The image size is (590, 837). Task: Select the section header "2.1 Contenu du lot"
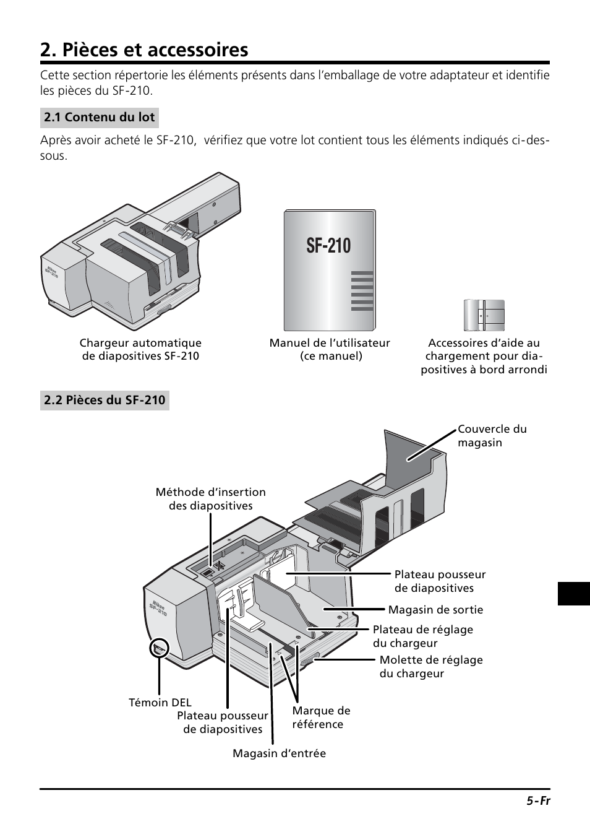99,118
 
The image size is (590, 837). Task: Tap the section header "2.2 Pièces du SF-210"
105,401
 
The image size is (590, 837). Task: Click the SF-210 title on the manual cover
328,246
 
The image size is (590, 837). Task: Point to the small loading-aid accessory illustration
484,315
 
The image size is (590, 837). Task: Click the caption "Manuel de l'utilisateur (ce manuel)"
330,349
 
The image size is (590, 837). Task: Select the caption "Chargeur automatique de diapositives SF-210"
140,349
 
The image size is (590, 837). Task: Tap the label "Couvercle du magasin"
492,436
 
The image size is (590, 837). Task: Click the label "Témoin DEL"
160,702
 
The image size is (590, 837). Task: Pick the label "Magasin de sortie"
435,610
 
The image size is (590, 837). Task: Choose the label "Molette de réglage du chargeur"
431,667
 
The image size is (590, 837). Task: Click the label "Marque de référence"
321,718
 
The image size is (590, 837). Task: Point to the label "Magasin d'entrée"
279,753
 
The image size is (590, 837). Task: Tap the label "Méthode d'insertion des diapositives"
211,499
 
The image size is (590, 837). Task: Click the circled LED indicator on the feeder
159,648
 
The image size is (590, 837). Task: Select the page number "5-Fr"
538,800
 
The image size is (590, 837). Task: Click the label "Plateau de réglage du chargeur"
422,636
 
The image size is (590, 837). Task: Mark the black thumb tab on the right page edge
573,593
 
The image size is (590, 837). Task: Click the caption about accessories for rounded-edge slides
484,356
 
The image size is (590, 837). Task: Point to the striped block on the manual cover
362,291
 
